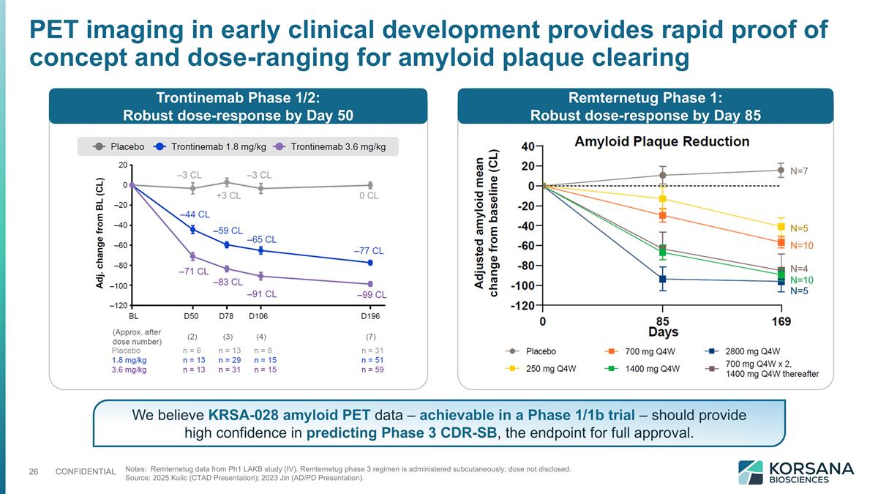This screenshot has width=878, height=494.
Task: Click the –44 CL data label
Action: point(195,214)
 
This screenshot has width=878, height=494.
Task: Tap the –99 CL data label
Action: point(371,295)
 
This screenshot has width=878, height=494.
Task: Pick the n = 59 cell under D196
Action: point(372,370)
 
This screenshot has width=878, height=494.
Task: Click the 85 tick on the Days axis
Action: point(662,321)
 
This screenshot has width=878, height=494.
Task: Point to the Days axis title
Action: point(662,333)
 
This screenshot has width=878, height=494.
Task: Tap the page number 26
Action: point(34,471)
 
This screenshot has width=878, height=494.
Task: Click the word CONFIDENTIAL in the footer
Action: point(86,471)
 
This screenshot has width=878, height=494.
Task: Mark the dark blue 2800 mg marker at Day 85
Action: point(663,279)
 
